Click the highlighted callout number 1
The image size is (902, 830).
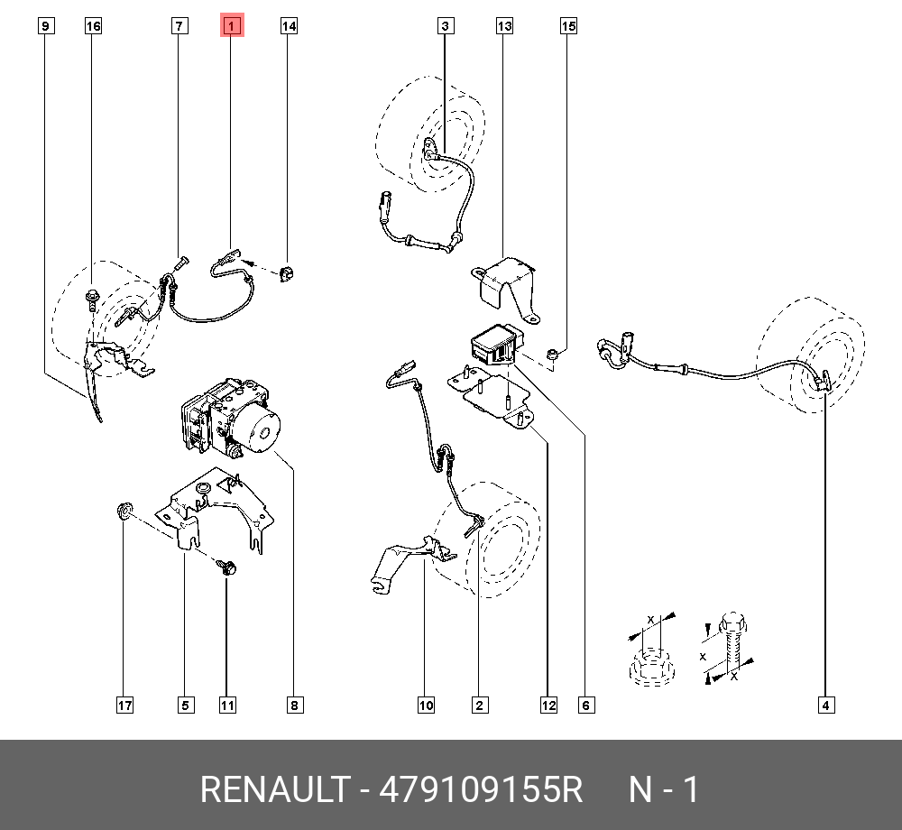point(231,26)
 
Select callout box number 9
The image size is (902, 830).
point(46,26)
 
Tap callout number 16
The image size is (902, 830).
point(93,26)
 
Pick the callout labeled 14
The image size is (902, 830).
point(288,26)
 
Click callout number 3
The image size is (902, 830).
point(446,26)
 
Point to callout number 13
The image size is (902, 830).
point(504,26)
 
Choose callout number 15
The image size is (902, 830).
point(568,26)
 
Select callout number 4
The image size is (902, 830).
point(825,705)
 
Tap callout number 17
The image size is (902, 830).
point(124,705)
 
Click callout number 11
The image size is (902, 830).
point(227,705)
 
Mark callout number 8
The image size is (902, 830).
point(293,705)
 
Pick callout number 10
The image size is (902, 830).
point(426,705)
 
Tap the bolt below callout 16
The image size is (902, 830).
point(93,297)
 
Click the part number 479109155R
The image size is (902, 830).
point(482,789)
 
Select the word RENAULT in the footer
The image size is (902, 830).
point(272,789)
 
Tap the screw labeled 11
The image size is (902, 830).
point(226,567)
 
